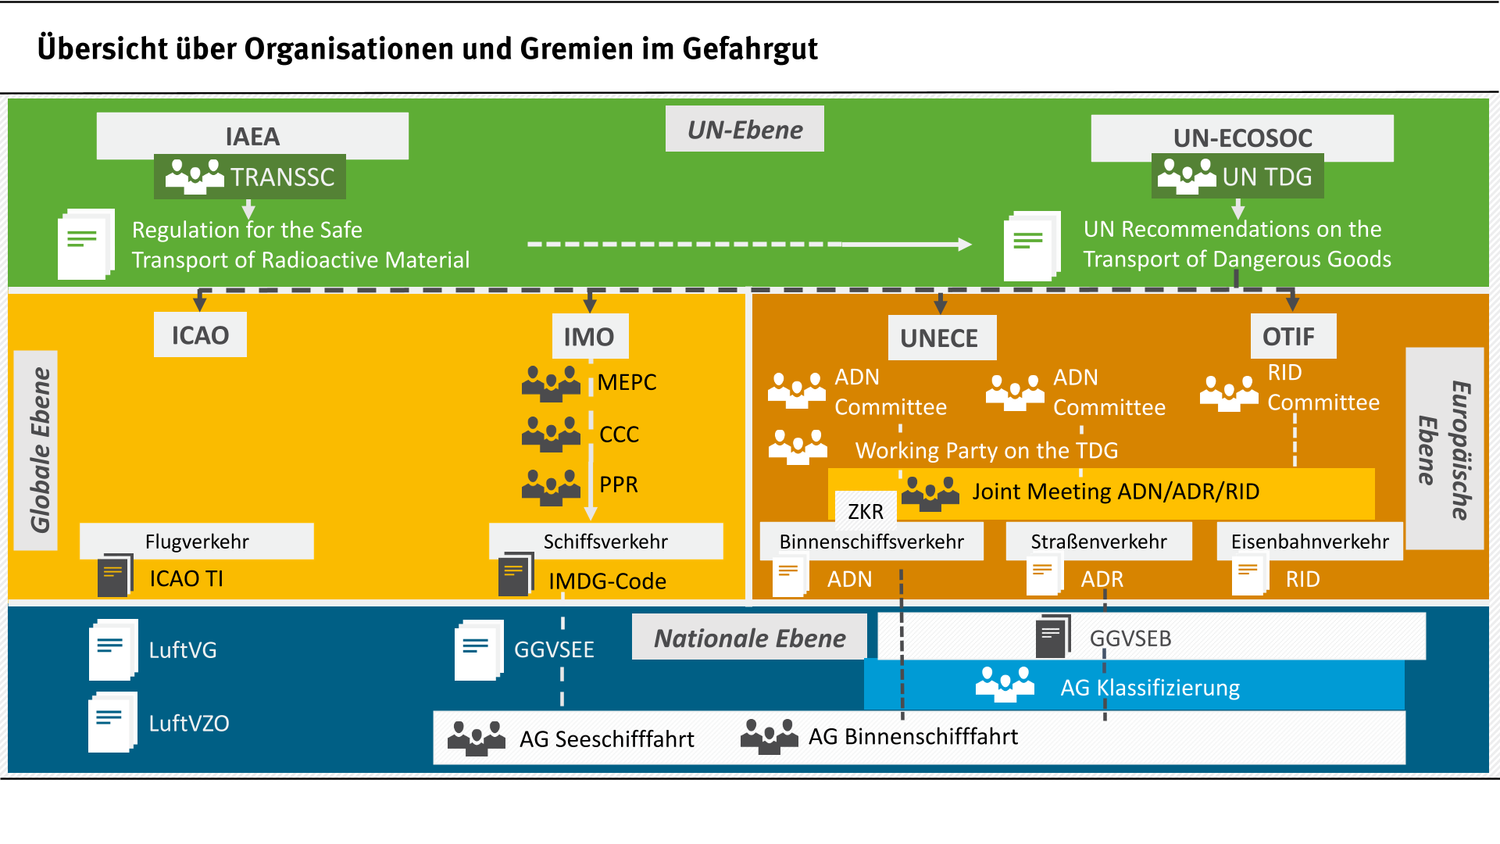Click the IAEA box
tap(252, 136)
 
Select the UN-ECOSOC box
tap(1241, 138)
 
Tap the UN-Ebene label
tap(745, 130)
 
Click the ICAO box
tap(200, 335)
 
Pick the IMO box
tap(589, 337)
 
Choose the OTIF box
tap(1292, 337)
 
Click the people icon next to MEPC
tap(551, 383)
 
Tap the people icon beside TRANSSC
tap(194, 177)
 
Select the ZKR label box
tap(866, 510)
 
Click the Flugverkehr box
tap(197, 542)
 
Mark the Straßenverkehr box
tap(1098, 542)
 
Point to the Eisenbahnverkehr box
tap(1309, 542)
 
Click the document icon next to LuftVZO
tap(112, 722)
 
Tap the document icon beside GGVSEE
tap(478, 649)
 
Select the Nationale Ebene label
tap(749, 638)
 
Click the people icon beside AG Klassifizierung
tap(1005, 685)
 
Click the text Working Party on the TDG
tap(986, 450)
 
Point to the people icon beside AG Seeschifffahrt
tap(477, 737)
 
